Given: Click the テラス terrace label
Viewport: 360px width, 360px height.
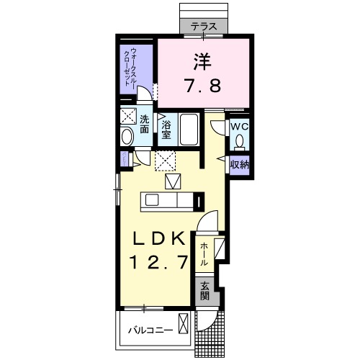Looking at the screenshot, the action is [204, 26].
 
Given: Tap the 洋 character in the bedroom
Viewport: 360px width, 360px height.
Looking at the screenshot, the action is [202, 61].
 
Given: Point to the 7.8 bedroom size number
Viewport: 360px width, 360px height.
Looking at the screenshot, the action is [203, 86].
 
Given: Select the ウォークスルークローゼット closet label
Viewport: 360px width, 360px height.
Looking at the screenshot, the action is [130, 67].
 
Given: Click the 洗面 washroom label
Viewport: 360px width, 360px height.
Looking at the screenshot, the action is [144, 124].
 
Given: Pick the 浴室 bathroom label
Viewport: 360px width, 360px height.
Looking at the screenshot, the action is [166, 130].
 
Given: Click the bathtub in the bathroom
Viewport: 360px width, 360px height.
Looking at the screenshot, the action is [189, 129].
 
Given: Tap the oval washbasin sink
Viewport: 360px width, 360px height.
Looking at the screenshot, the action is [127, 137].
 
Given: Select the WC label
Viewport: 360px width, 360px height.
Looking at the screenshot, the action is [239, 127].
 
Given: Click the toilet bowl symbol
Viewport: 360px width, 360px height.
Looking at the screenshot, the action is [239, 141].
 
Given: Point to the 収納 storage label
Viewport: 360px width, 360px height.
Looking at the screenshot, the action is [240, 165].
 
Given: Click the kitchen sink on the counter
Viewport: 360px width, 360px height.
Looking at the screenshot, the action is [152, 200].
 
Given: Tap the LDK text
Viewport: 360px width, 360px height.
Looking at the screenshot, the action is [159, 238].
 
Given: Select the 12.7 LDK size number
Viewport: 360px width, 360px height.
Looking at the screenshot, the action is [158, 262].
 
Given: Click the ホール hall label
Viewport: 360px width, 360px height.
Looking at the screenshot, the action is [204, 254].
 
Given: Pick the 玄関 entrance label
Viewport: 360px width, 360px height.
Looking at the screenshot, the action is [204, 292].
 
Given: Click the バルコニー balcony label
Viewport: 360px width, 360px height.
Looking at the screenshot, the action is [150, 330].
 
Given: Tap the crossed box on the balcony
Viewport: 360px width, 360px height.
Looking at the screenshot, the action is [183, 323].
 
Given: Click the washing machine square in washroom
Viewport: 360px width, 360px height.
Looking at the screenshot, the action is [128, 117].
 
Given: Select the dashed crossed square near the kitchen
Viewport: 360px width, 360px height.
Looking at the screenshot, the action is [165, 161].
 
